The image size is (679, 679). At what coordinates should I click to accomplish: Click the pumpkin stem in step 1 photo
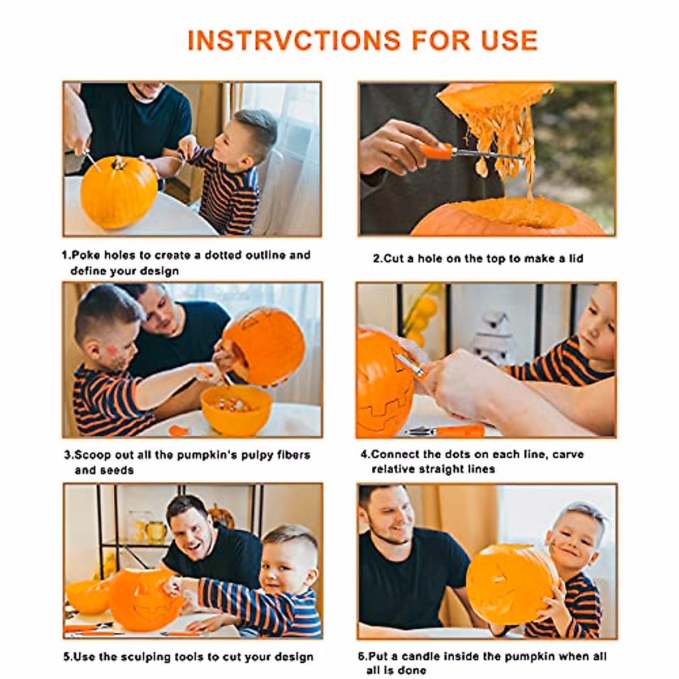tap(118, 164)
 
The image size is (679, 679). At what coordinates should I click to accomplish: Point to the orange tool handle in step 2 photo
tap(436, 151)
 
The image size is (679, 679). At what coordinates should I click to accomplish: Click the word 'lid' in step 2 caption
tap(575, 259)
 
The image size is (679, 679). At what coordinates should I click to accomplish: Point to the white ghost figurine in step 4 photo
tap(493, 337)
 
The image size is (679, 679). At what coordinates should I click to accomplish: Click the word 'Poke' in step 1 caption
tap(85, 255)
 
